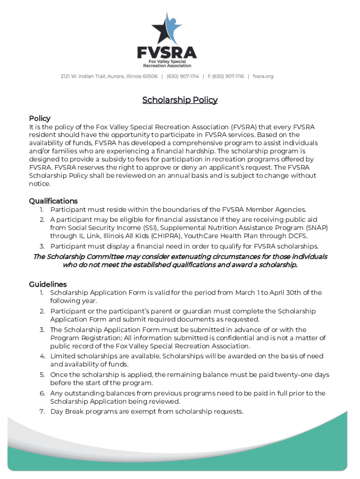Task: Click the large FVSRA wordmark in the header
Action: coord(167,51)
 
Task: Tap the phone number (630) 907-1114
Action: coord(183,76)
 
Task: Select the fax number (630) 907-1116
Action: coord(228,76)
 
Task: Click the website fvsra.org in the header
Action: coord(263,76)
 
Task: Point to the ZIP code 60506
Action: coord(150,76)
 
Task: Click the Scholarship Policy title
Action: coord(180,100)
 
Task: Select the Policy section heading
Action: coord(40,118)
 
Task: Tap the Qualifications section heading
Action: coord(53,201)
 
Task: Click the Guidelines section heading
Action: coord(48,284)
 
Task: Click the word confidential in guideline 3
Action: coord(222,338)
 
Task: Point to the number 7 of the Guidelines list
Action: coord(42,412)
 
